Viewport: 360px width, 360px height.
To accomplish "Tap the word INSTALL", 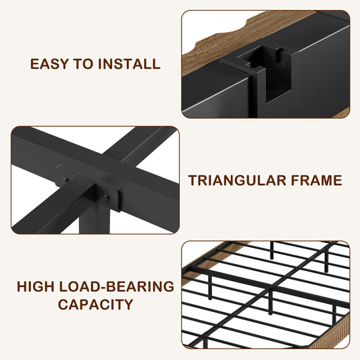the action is pyautogui.click(x=129, y=63).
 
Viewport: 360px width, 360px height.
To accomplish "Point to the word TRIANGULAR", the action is pyautogui.click(x=237, y=180).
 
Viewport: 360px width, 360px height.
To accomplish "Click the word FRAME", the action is pyautogui.click(x=317, y=180).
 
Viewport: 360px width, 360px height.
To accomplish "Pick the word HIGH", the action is pyautogui.click(x=36, y=286).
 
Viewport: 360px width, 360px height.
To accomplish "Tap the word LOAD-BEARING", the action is pyautogui.click(x=117, y=286).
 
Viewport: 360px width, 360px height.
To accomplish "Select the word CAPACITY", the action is pyautogui.click(x=95, y=305).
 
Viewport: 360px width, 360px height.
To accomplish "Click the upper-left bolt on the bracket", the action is pyautogui.click(x=66, y=180).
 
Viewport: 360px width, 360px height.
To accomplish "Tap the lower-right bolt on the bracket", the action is pyautogui.click(x=106, y=197).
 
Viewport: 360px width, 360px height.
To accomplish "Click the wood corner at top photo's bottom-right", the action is pyautogui.click(x=342, y=113).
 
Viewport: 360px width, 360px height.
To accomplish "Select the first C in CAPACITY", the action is pyautogui.click(x=63, y=305).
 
